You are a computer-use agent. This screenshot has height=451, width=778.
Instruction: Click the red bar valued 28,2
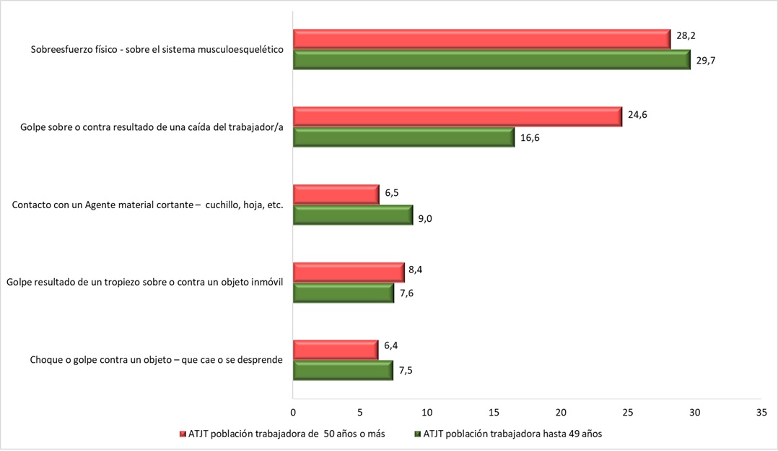coord(481,39)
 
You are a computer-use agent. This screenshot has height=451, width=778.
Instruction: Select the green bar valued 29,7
coord(491,60)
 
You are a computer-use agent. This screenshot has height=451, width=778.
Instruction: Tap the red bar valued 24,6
coord(457,116)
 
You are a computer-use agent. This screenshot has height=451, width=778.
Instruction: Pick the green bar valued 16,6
coord(403,137)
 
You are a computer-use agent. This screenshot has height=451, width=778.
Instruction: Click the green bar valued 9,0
coord(352,215)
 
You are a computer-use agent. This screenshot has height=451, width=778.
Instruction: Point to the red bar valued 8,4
coord(349,272)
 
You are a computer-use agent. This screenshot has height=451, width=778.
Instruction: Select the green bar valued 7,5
coord(343,370)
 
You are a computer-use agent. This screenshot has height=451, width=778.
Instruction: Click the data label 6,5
coord(392,194)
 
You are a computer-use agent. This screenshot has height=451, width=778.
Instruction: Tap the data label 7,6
coord(407,293)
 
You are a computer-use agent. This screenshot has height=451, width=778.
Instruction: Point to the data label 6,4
coord(391,345)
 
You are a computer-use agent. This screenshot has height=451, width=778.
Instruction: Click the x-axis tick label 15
coord(494,412)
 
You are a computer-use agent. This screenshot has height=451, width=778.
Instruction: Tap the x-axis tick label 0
coord(293,412)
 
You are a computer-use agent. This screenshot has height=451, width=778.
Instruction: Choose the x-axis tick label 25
coord(627,412)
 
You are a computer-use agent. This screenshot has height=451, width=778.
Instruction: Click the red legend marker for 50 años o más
coord(182,434)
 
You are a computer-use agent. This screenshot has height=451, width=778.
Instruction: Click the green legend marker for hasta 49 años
coord(416,434)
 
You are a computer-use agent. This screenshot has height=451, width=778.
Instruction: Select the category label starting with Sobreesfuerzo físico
coord(157,51)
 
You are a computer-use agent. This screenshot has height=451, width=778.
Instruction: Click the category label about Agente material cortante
coord(147,205)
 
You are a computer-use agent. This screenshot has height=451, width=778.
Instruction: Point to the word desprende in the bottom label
coord(258,360)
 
